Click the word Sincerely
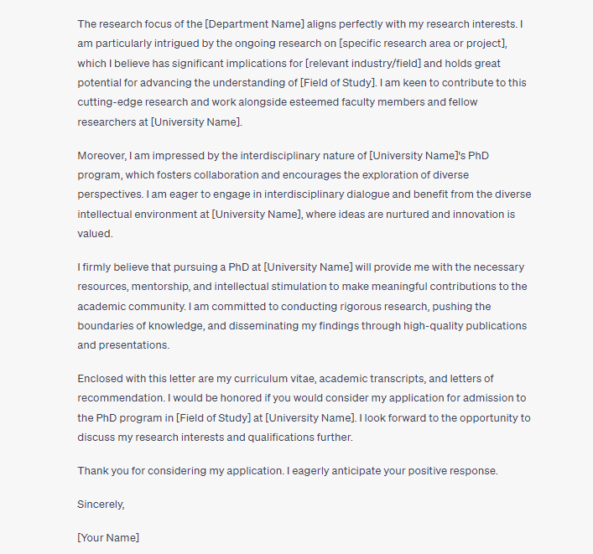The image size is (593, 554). pyautogui.click(x=101, y=505)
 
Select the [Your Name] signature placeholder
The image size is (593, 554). pyautogui.click(x=108, y=536)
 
